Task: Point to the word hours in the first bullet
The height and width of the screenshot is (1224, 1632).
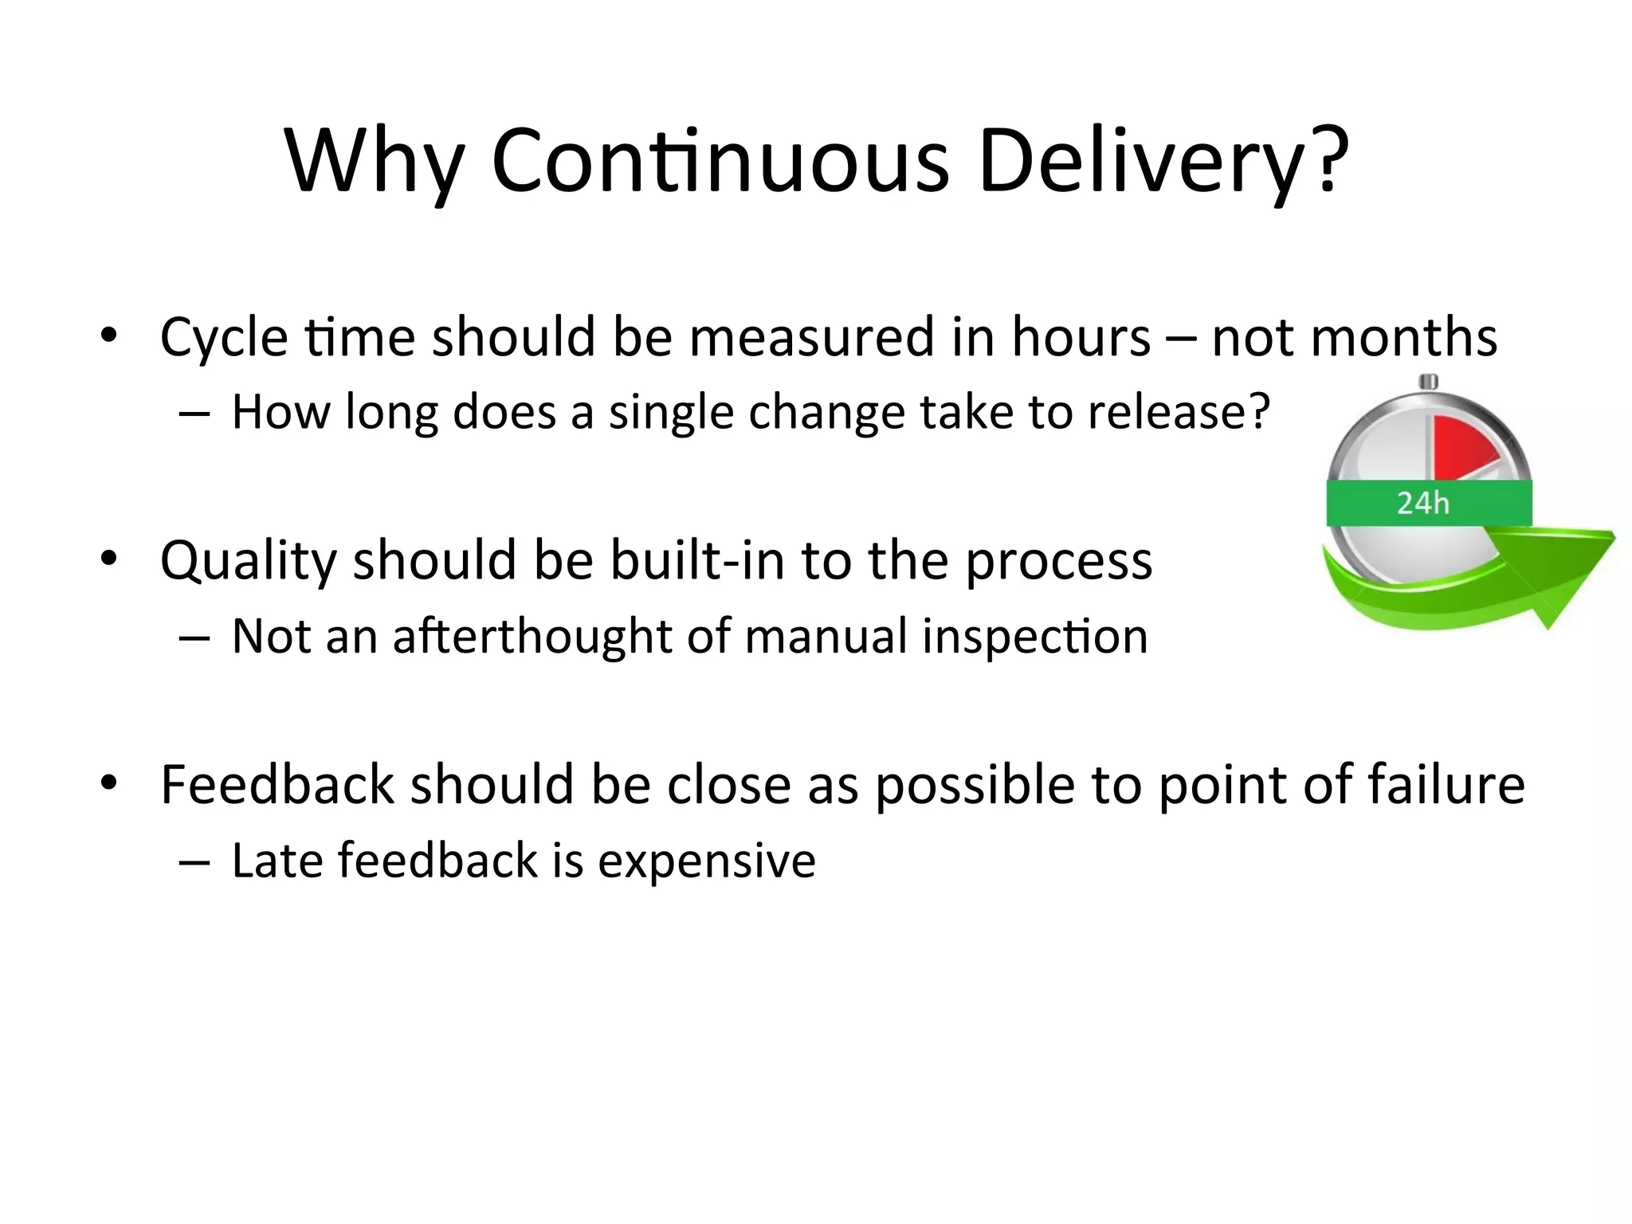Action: tap(1081, 337)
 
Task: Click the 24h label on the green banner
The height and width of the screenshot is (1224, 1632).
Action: tap(1423, 504)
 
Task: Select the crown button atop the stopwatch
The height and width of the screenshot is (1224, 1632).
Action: tap(1428, 382)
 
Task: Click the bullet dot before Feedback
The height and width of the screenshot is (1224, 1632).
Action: tap(109, 783)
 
